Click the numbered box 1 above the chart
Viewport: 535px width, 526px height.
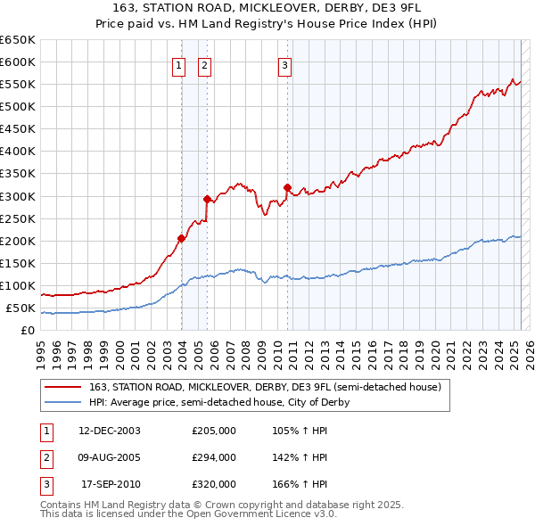(178, 64)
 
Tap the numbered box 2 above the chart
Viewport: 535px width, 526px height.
(204, 64)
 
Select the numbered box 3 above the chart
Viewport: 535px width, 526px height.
(284, 64)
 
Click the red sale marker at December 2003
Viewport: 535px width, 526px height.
(181, 238)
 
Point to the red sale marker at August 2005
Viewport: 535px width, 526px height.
(207, 199)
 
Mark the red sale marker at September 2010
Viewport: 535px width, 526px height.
(287, 187)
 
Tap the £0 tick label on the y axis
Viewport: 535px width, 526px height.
(27, 331)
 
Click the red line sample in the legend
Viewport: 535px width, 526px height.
(63, 387)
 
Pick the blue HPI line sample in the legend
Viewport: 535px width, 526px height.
(63, 402)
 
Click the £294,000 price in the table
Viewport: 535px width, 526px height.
(214, 457)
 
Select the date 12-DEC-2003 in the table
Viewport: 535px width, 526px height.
(111, 431)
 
